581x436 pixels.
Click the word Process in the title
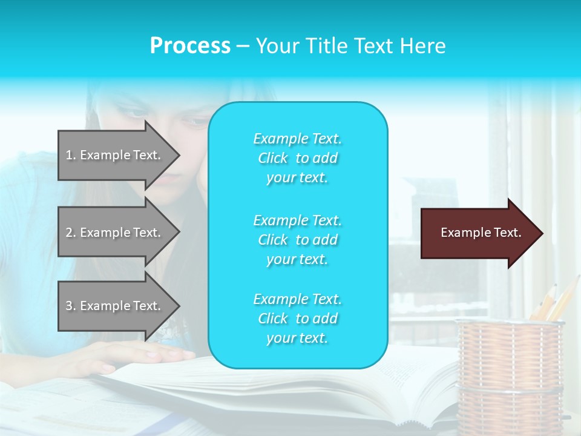pyautogui.click(x=190, y=46)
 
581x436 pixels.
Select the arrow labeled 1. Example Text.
pyautogui.click(x=115, y=155)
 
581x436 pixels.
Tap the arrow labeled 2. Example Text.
pyautogui.click(x=115, y=233)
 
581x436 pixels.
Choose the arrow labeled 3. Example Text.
pyautogui.click(x=115, y=306)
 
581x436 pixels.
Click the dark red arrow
pyautogui.click(x=478, y=233)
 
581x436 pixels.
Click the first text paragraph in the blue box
pyautogui.click(x=297, y=158)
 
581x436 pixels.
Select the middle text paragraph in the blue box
pyautogui.click(x=297, y=239)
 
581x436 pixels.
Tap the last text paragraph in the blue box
pyautogui.click(x=297, y=319)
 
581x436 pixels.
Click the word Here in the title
pyautogui.click(x=424, y=46)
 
